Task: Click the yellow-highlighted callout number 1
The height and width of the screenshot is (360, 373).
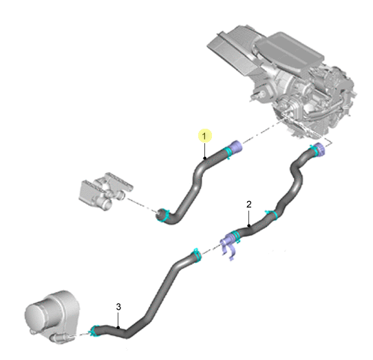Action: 204,136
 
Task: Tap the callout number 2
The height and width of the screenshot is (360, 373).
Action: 249,204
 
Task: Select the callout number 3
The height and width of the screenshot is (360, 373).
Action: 118,307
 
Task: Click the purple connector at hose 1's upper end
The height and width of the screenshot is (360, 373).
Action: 236,147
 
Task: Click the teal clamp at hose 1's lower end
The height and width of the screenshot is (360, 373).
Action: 164,215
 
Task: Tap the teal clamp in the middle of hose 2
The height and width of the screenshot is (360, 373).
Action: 272,215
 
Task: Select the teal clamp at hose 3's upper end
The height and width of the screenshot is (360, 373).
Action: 198,255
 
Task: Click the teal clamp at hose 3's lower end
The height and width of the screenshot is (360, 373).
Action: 94,331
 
